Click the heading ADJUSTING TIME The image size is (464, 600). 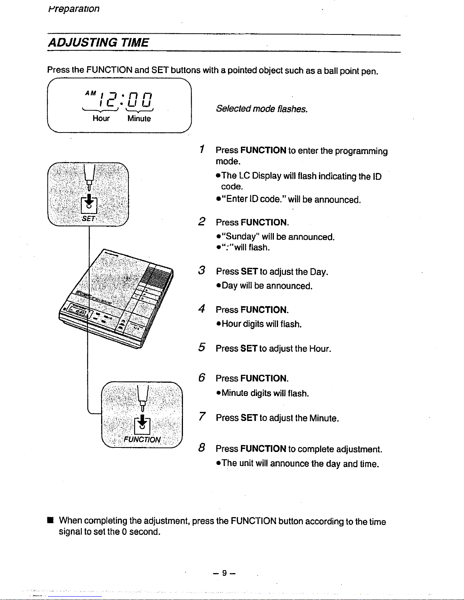pyautogui.click(x=98, y=42)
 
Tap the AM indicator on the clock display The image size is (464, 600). pyautogui.click(x=90, y=93)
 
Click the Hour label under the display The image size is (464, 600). pyautogui.click(x=101, y=118)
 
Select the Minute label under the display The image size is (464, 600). pyautogui.click(x=139, y=119)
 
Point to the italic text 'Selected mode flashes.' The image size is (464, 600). pyautogui.click(x=262, y=109)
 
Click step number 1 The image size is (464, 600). pyautogui.click(x=203, y=149)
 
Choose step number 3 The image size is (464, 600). pyautogui.click(x=202, y=271)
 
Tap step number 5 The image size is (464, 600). pyautogui.click(x=202, y=347)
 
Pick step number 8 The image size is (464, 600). pyautogui.click(x=202, y=448)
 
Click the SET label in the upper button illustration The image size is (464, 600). pyautogui.click(x=89, y=219)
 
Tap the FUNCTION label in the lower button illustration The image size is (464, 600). pyautogui.click(x=142, y=439)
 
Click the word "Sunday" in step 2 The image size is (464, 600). pyautogui.click(x=242, y=237)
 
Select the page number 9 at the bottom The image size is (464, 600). pyautogui.click(x=224, y=573)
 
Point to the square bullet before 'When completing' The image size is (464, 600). pyautogui.click(x=49, y=521)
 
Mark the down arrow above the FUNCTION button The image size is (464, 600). pyautogui.click(x=142, y=421)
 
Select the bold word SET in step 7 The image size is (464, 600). pyautogui.click(x=249, y=418)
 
